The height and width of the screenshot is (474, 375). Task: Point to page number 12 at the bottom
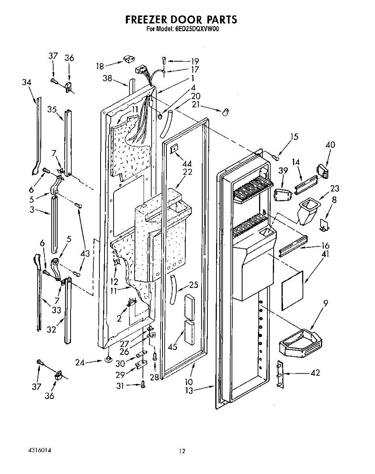click(182, 451)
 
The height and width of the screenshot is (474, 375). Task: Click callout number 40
click(330, 145)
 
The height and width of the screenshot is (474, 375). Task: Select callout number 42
click(315, 372)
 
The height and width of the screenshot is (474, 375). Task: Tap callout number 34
click(27, 82)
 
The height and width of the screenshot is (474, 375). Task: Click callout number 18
click(100, 66)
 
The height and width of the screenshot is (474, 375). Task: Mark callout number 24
click(80, 362)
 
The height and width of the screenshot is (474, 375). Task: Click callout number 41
click(325, 254)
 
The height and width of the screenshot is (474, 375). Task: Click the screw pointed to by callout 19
click(164, 60)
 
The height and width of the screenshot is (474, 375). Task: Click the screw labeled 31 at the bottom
click(143, 384)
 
